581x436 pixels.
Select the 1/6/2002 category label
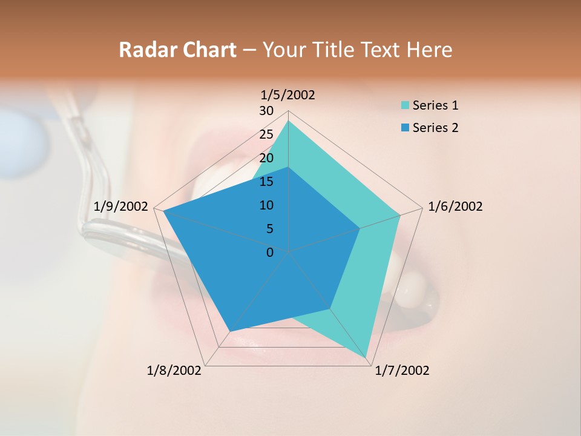tap(455, 206)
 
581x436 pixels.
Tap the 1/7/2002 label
tap(402, 371)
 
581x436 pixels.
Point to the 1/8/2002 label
tap(174, 371)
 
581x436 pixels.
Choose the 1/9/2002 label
tap(121, 206)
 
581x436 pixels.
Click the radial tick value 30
tap(266, 111)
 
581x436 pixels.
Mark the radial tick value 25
tap(266, 134)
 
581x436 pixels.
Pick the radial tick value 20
tap(266, 158)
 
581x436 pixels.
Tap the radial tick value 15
tap(266, 182)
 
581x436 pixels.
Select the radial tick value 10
tap(266, 205)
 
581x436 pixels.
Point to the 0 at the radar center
tap(270, 253)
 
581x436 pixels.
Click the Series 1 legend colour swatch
tap(405, 105)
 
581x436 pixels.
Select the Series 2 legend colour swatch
tap(405, 128)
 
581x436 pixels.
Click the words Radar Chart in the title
tap(177, 50)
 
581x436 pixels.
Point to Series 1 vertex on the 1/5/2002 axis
tap(288, 121)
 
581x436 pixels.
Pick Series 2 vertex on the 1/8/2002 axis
tap(230, 331)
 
